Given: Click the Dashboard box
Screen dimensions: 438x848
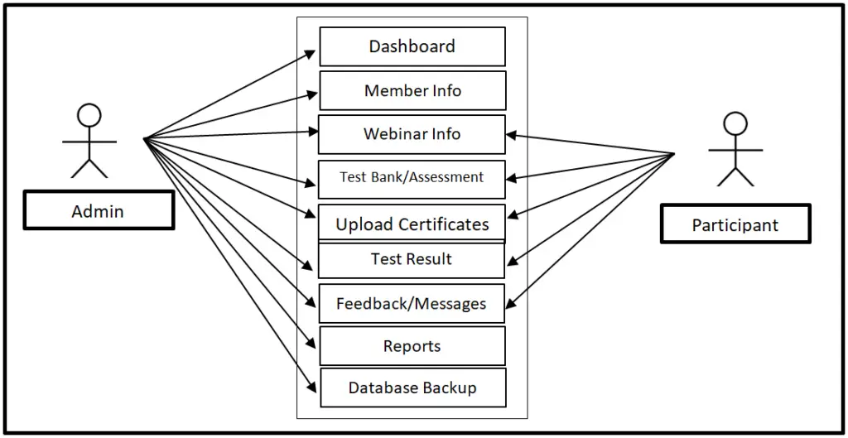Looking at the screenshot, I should pyautogui.click(x=412, y=46).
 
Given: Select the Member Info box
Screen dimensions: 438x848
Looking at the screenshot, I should pyautogui.click(x=412, y=90).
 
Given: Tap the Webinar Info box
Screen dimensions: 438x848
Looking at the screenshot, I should pyautogui.click(x=412, y=134).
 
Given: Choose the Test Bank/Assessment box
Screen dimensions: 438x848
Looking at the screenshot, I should pyautogui.click(x=412, y=178).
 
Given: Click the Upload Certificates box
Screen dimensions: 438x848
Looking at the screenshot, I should pyautogui.click(x=412, y=223).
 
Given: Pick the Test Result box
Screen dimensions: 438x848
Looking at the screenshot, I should pyautogui.click(x=412, y=260).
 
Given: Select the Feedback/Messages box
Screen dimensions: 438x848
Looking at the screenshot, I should pyautogui.click(x=412, y=304).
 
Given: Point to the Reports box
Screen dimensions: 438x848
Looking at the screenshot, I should pyautogui.click(x=412, y=346).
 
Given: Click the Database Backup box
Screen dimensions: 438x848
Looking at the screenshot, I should pyautogui.click(x=412, y=388).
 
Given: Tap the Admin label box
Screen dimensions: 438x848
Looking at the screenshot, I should pyautogui.click(x=99, y=211).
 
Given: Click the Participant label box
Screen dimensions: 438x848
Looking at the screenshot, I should pyautogui.click(x=735, y=224).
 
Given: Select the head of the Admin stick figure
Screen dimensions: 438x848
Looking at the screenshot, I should pyautogui.click(x=89, y=114).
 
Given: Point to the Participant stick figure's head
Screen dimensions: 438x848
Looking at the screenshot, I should pyautogui.click(x=735, y=123).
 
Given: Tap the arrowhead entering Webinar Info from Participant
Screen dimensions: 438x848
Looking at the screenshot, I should pyautogui.click(x=512, y=134).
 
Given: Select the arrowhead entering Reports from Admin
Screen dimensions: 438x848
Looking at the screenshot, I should pyautogui.click(x=312, y=346).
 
